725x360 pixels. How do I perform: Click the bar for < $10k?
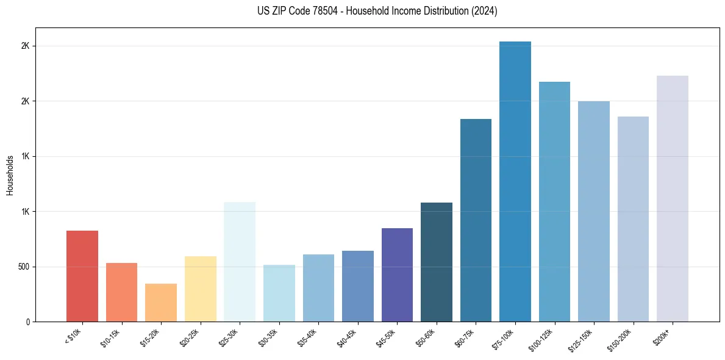click(82, 276)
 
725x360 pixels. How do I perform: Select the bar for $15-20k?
click(161, 303)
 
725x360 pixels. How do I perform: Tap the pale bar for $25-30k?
click(240, 262)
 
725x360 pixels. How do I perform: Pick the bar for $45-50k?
click(397, 275)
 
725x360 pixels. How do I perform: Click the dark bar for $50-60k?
click(437, 262)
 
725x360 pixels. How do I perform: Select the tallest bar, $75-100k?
click(515, 181)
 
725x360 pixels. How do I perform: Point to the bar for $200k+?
click(673, 198)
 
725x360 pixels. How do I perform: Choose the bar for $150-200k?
click(633, 219)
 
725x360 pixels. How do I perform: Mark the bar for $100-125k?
click(554, 201)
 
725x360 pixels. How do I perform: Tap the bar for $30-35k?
click(279, 293)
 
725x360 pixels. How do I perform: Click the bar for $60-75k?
click(476, 220)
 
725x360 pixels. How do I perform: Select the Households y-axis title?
click(10, 175)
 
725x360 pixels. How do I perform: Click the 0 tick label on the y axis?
click(28, 322)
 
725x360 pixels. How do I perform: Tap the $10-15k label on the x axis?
click(110, 337)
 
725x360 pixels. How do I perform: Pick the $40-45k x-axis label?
click(346, 337)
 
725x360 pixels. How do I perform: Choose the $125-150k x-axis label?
click(580, 339)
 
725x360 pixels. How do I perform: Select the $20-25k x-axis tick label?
click(189, 337)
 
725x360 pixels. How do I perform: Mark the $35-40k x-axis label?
click(307, 337)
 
